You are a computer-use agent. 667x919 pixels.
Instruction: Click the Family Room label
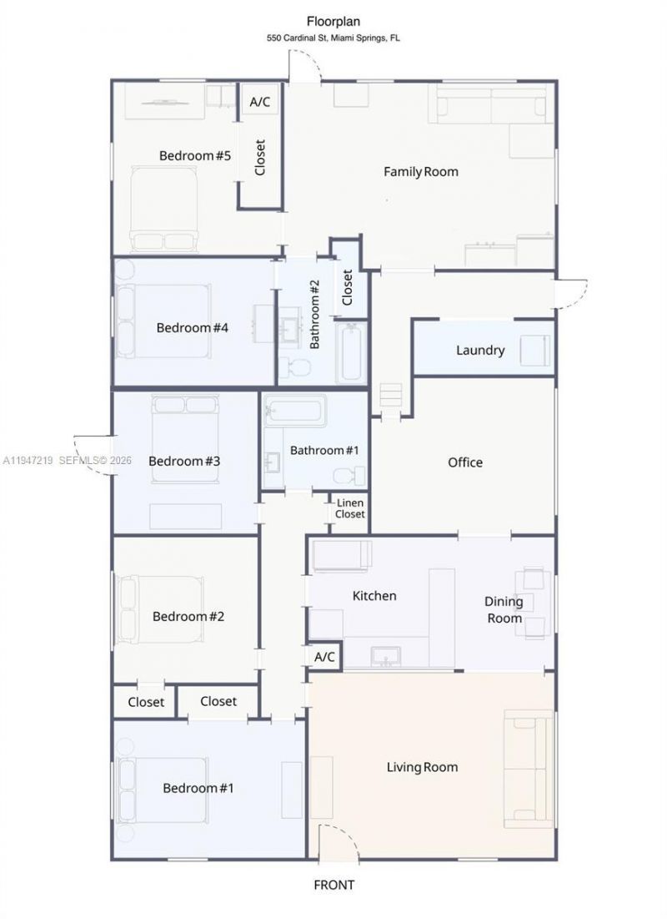click(420, 172)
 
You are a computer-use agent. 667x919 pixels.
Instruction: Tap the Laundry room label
click(480, 350)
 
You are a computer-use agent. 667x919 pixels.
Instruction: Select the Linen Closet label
click(350, 509)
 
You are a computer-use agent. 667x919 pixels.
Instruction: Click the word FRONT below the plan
click(333, 885)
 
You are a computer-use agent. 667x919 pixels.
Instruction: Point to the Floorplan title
click(333, 23)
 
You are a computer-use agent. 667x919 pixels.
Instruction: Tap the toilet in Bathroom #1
click(349, 476)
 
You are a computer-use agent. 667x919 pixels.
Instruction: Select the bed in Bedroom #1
click(163, 788)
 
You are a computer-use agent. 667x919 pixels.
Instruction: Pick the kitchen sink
click(386, 657)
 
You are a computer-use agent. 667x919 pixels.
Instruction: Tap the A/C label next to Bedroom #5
click(260, 102)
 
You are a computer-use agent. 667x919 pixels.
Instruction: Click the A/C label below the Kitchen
click(324, 657)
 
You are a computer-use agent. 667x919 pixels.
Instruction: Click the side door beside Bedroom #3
click(93, 455)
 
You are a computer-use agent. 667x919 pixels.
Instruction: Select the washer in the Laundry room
click(534, 350)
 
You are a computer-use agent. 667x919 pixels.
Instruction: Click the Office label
click(465, 462)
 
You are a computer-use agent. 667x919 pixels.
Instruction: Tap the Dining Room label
click(504, 609)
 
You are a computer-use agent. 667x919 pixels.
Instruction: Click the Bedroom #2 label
click(189, 617)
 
